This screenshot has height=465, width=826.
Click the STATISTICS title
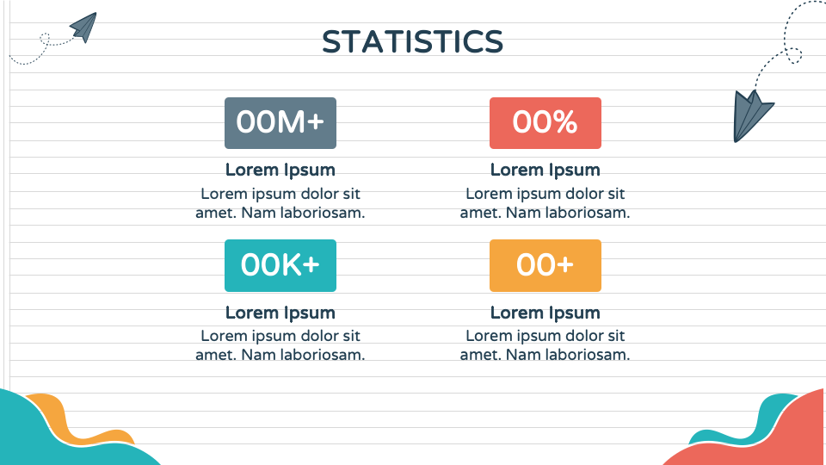(x=412, y=41)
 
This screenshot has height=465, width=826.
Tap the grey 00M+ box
(x=280, y=123)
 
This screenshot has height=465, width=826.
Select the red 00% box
(x=546, y=123)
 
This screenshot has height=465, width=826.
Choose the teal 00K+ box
(x=280, y=265)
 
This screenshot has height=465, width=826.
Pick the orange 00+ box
(x=546, y=265)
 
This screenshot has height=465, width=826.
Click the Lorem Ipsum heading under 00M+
(x=280, y=170)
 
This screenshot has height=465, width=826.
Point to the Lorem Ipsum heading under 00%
(x=546, y=170)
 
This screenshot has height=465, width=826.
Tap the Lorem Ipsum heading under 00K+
(x=280, y=313)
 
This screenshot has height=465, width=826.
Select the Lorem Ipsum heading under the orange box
(x=546, y=313)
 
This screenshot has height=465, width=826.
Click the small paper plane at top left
(x=84, y=27)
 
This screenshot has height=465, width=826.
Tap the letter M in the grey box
(x=291, y=122)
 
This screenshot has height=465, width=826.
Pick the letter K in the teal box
(x=290, y=264)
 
